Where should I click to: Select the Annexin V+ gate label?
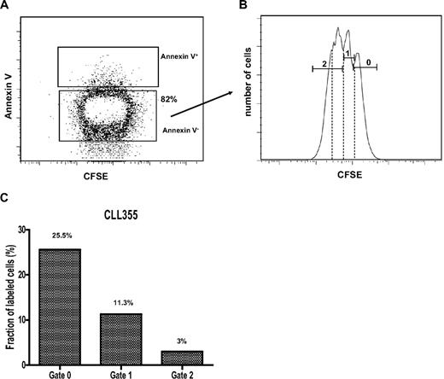coord(182,59)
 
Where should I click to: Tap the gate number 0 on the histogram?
coord(366,63)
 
